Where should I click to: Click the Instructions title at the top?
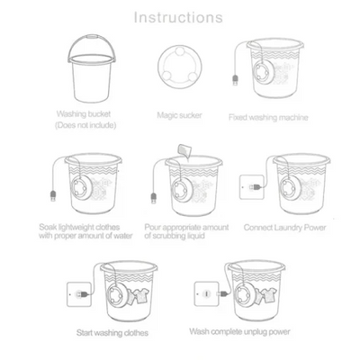point(178,16)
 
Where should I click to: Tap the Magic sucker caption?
point(177,115)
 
